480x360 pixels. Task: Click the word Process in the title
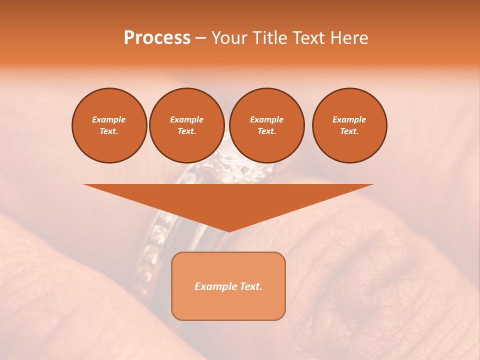point(157,38)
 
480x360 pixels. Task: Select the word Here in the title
point(349,38)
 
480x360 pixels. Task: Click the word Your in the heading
point(228,38)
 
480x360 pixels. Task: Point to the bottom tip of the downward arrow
point(229,231)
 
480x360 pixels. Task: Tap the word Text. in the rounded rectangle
point(251,286)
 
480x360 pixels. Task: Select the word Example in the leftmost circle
point(109,119)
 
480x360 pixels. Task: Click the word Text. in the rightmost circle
point(349,131)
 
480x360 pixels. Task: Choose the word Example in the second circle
point(187,119)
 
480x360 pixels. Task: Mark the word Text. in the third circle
point(267,131)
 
